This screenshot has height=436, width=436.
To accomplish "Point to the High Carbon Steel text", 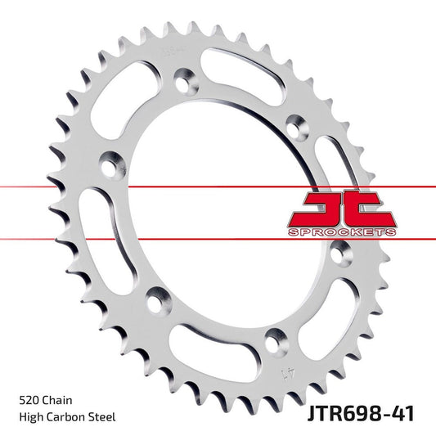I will click(x=66, y=417).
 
